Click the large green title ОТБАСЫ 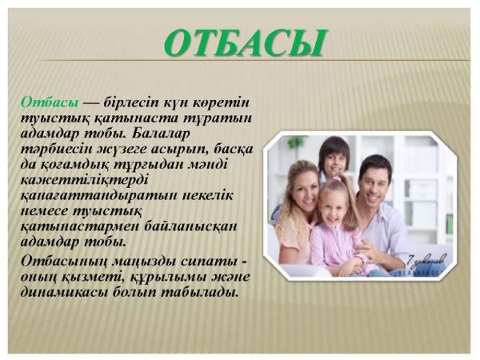click(244, 43)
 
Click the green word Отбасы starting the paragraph click(50, 102)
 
